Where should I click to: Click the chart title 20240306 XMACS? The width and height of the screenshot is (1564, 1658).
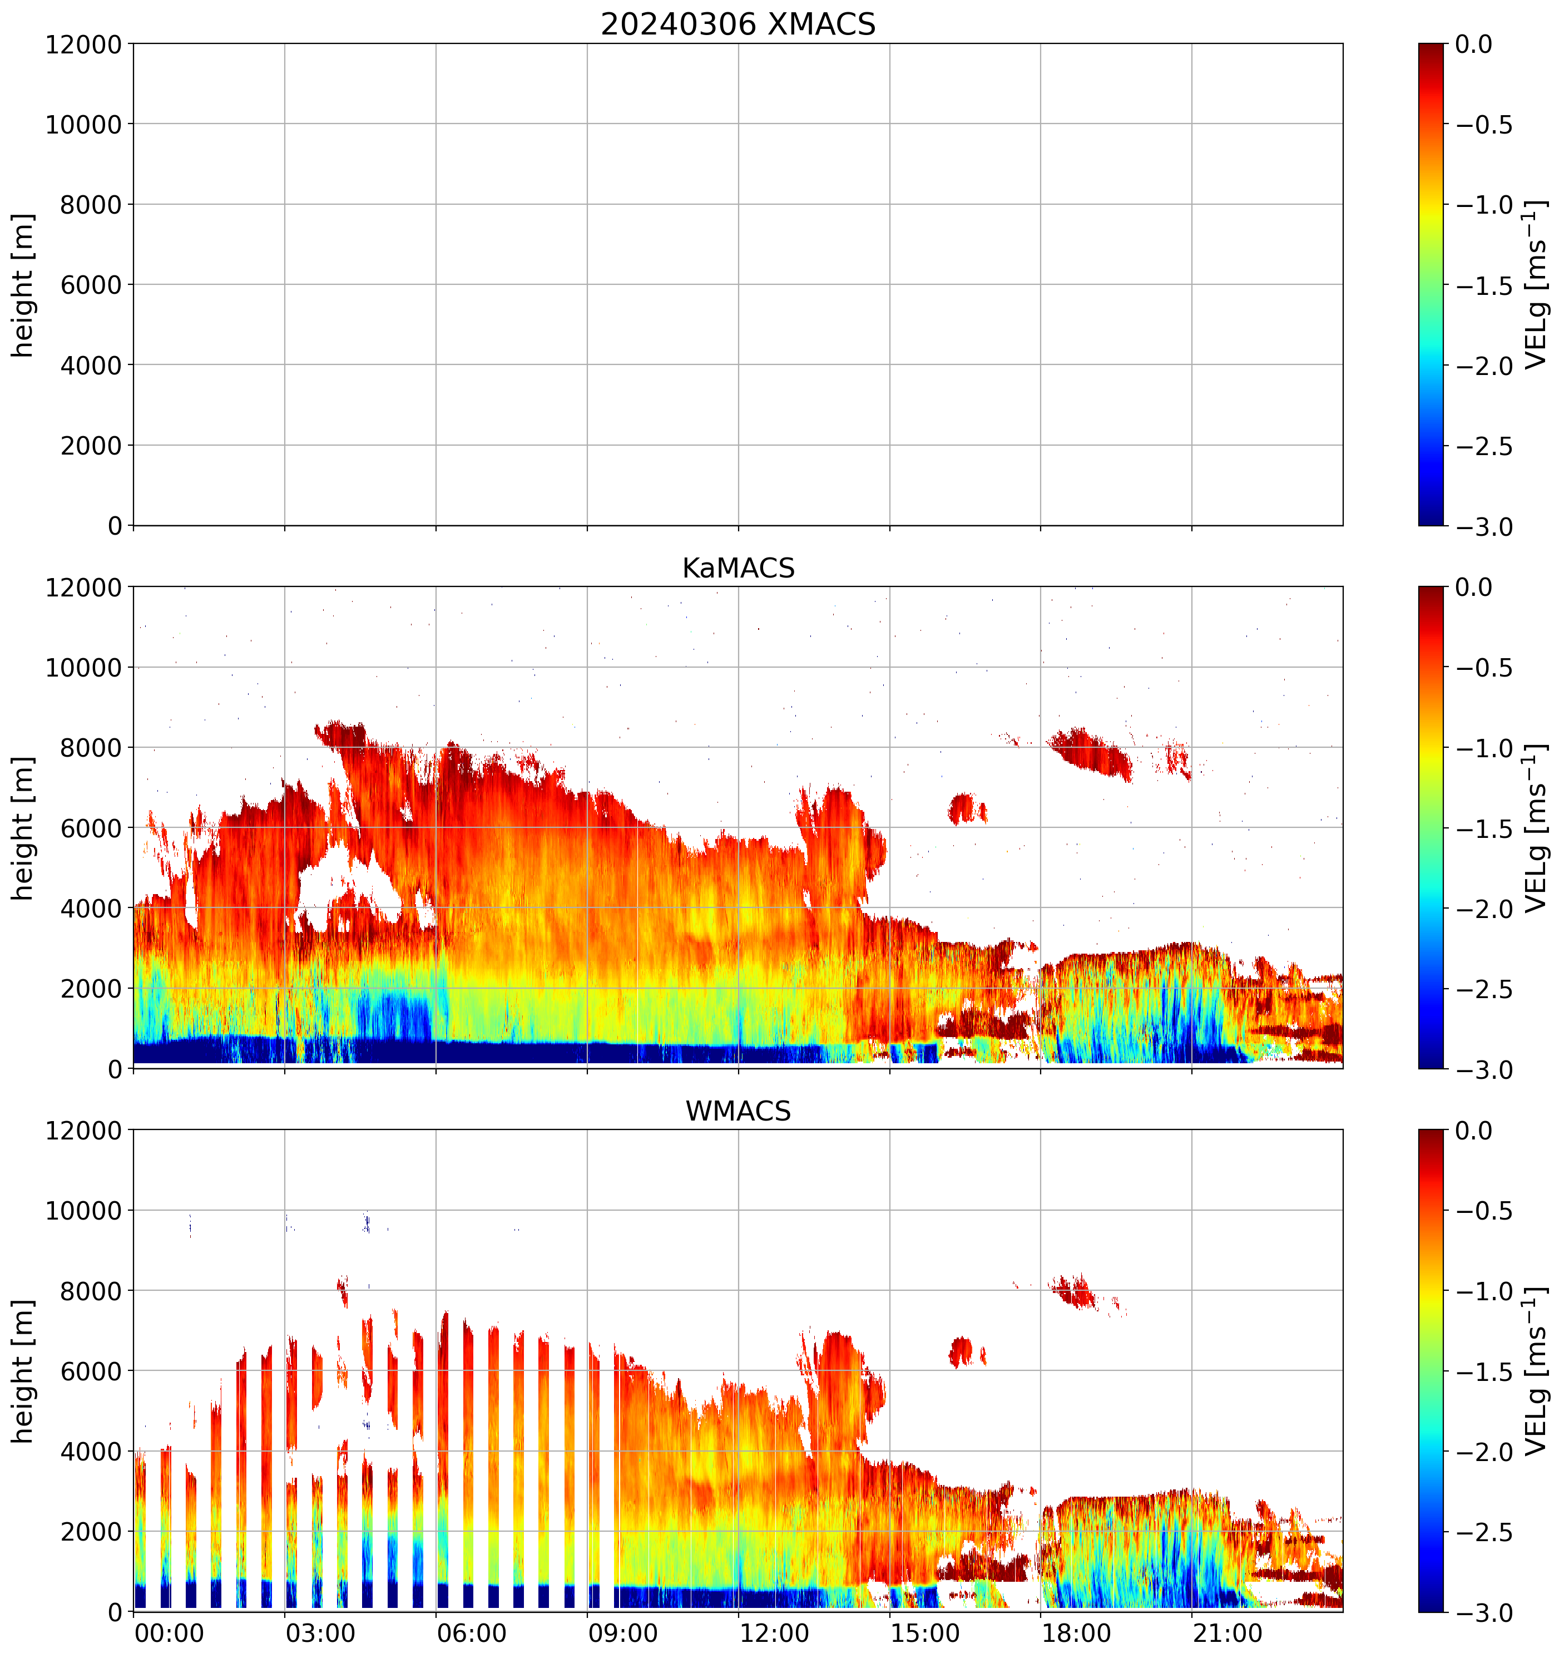pos(738,24)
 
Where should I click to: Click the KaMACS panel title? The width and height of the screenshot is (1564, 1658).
pos(738,568)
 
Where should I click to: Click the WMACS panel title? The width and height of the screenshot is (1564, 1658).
pos(738,1111)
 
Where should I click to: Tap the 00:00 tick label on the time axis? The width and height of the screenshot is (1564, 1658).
pos(169,1633)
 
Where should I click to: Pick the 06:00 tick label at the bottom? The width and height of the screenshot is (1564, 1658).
pos(472,1633)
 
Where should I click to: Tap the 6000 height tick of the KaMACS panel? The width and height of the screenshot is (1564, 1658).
pos(91,828)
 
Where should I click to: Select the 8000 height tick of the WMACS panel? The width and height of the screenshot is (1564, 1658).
pos(91,1291)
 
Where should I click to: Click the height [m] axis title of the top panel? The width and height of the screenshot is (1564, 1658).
pos(23,285)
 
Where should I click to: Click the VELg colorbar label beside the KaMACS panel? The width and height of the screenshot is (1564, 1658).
pos(1535,828)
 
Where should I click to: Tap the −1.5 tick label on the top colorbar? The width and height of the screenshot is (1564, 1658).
pos(1484,286)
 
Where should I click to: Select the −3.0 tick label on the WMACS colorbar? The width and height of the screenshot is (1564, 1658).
pos(1484,1613)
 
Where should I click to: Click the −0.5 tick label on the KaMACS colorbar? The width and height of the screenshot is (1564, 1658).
pos(1484,668)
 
